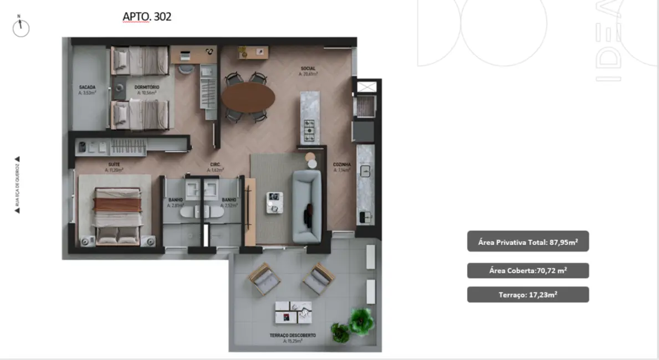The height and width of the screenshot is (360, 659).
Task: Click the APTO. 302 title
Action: [x=147, y=17]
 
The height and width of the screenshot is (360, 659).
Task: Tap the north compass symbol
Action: [x=21, y=27]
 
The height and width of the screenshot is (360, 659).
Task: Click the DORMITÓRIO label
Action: [x=147, y=88]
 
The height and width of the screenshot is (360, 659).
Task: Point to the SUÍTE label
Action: [x=114, y=164]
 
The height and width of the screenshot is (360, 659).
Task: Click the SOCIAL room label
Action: [x=308, y=69]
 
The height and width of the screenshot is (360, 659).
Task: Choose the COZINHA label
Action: [x=341, y=164]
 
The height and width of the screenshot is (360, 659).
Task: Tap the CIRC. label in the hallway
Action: [x=216, y=164]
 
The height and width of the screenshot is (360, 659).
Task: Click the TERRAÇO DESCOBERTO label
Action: [x=293, y=336]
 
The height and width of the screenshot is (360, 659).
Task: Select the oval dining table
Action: [x=248, y=98]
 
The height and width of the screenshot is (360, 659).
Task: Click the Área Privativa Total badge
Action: [x=528, y=241]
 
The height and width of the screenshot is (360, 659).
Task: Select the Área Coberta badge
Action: [x=528, y=270]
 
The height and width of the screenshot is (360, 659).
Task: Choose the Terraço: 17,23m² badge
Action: [x=528, y=295]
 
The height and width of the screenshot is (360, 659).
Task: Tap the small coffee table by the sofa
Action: [x=274, y=202]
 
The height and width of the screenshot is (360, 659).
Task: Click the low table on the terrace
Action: [x=293, y=313]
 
